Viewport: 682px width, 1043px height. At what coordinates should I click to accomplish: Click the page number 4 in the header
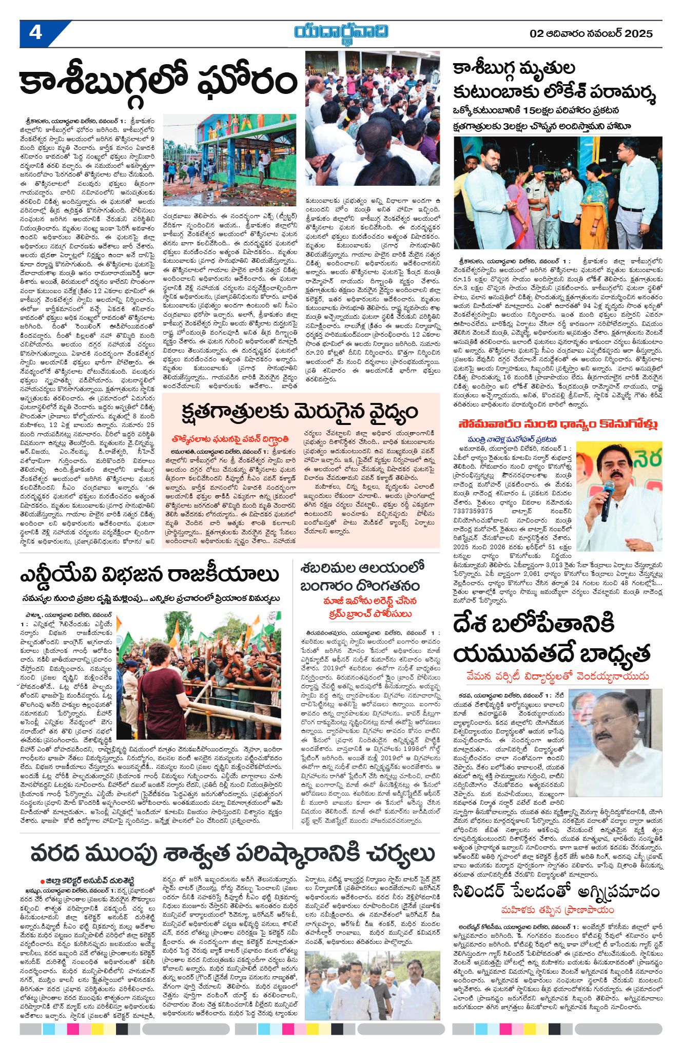tap(35, 33)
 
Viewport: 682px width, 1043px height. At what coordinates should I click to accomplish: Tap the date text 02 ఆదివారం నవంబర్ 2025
tap(591, 34)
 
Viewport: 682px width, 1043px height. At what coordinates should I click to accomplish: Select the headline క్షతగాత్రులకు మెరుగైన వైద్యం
tap(300, 412)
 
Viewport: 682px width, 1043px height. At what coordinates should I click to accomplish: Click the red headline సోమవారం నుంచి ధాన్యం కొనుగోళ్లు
tap(558, 424)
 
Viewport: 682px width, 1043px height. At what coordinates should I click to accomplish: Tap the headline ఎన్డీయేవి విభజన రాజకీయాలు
tap(149, 575)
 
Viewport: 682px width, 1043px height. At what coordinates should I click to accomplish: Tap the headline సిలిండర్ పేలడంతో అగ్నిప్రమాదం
tap(556, 892)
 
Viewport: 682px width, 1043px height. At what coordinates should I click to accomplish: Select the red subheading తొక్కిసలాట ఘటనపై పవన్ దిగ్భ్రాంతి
tap(230, 439)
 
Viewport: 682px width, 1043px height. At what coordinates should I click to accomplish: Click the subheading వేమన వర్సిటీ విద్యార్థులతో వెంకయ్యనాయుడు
tap(558, 676)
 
